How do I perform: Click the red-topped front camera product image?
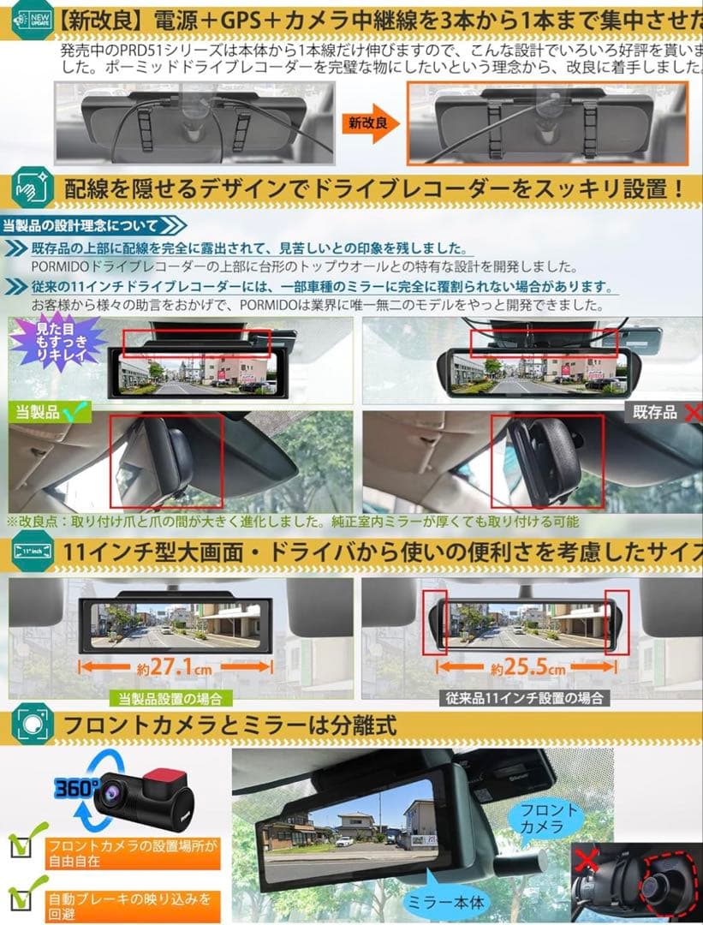pos(145,801)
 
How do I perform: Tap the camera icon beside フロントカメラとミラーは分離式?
pos(31,725)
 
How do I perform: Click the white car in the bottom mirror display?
pos(345,841)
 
